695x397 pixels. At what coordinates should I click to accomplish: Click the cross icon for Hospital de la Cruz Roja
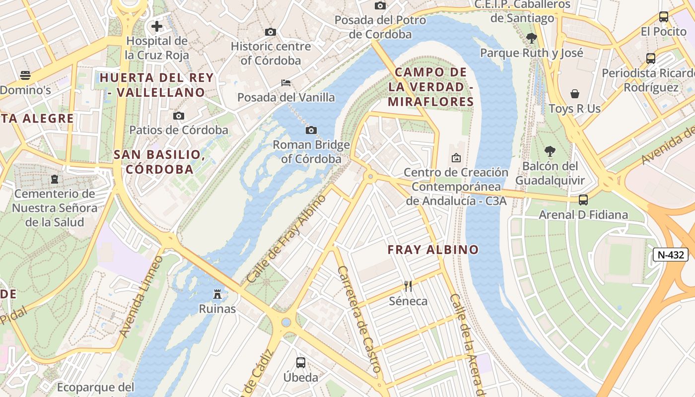click(157, 26)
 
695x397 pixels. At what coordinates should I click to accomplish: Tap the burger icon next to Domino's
click(25, 75)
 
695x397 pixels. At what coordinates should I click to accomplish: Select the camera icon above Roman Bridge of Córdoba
click(311, 130)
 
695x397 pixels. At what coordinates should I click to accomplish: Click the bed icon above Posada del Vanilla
click(286, 82)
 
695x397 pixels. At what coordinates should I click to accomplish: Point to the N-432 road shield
click(670, 255)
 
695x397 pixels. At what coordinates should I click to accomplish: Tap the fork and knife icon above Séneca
click(408, 286)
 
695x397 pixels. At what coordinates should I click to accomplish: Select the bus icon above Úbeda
click(301, 362)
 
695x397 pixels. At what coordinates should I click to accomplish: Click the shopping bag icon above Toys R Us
click(575, 94)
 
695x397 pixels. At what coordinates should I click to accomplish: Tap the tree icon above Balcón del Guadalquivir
click(550, 151)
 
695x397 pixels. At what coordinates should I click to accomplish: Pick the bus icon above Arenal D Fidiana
click(583, 200)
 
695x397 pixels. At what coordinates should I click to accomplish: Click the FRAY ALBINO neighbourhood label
click(433, 250)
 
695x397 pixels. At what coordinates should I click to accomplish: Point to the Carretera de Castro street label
click(358, 319)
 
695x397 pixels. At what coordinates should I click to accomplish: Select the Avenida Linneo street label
click(142, 296)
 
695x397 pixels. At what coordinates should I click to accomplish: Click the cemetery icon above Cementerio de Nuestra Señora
click(55, 179)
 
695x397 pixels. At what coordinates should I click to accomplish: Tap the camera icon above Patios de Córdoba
click(179, 116)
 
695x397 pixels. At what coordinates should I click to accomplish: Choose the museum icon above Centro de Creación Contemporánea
click(456, 158)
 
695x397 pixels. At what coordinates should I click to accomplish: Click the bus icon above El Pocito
click(664, 16)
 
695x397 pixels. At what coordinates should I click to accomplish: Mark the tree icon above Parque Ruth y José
click(532, 38)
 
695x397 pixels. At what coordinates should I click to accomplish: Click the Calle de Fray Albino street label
click(286, 239)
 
